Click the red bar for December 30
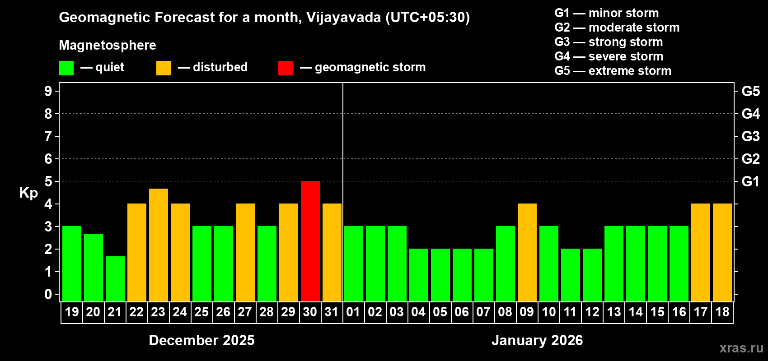(x=310, y=241)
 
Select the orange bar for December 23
(x=159, y=245)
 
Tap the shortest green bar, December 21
(x=115, y=278)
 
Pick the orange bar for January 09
(x=527, y=252)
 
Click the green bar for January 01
(x=354, y=264)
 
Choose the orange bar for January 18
(x=722, y=252)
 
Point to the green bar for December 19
(x=72, y=264)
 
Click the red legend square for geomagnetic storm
(x=286, y=68)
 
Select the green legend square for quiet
(x=66, y=68)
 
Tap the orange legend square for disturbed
(x=164, y=68)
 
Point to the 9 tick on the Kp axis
(x=48, y=91)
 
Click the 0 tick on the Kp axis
(x=48, y=294)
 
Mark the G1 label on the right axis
(x=750, y=181)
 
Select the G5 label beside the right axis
(x=750, y=91)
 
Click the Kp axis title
(x=28, y=193)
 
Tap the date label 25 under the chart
(x=201, y=312)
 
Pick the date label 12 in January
(x=592, y=312)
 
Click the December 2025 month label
(x=201, y=340)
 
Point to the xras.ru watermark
(x=741, y=348)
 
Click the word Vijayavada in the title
(x=343, y=17)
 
